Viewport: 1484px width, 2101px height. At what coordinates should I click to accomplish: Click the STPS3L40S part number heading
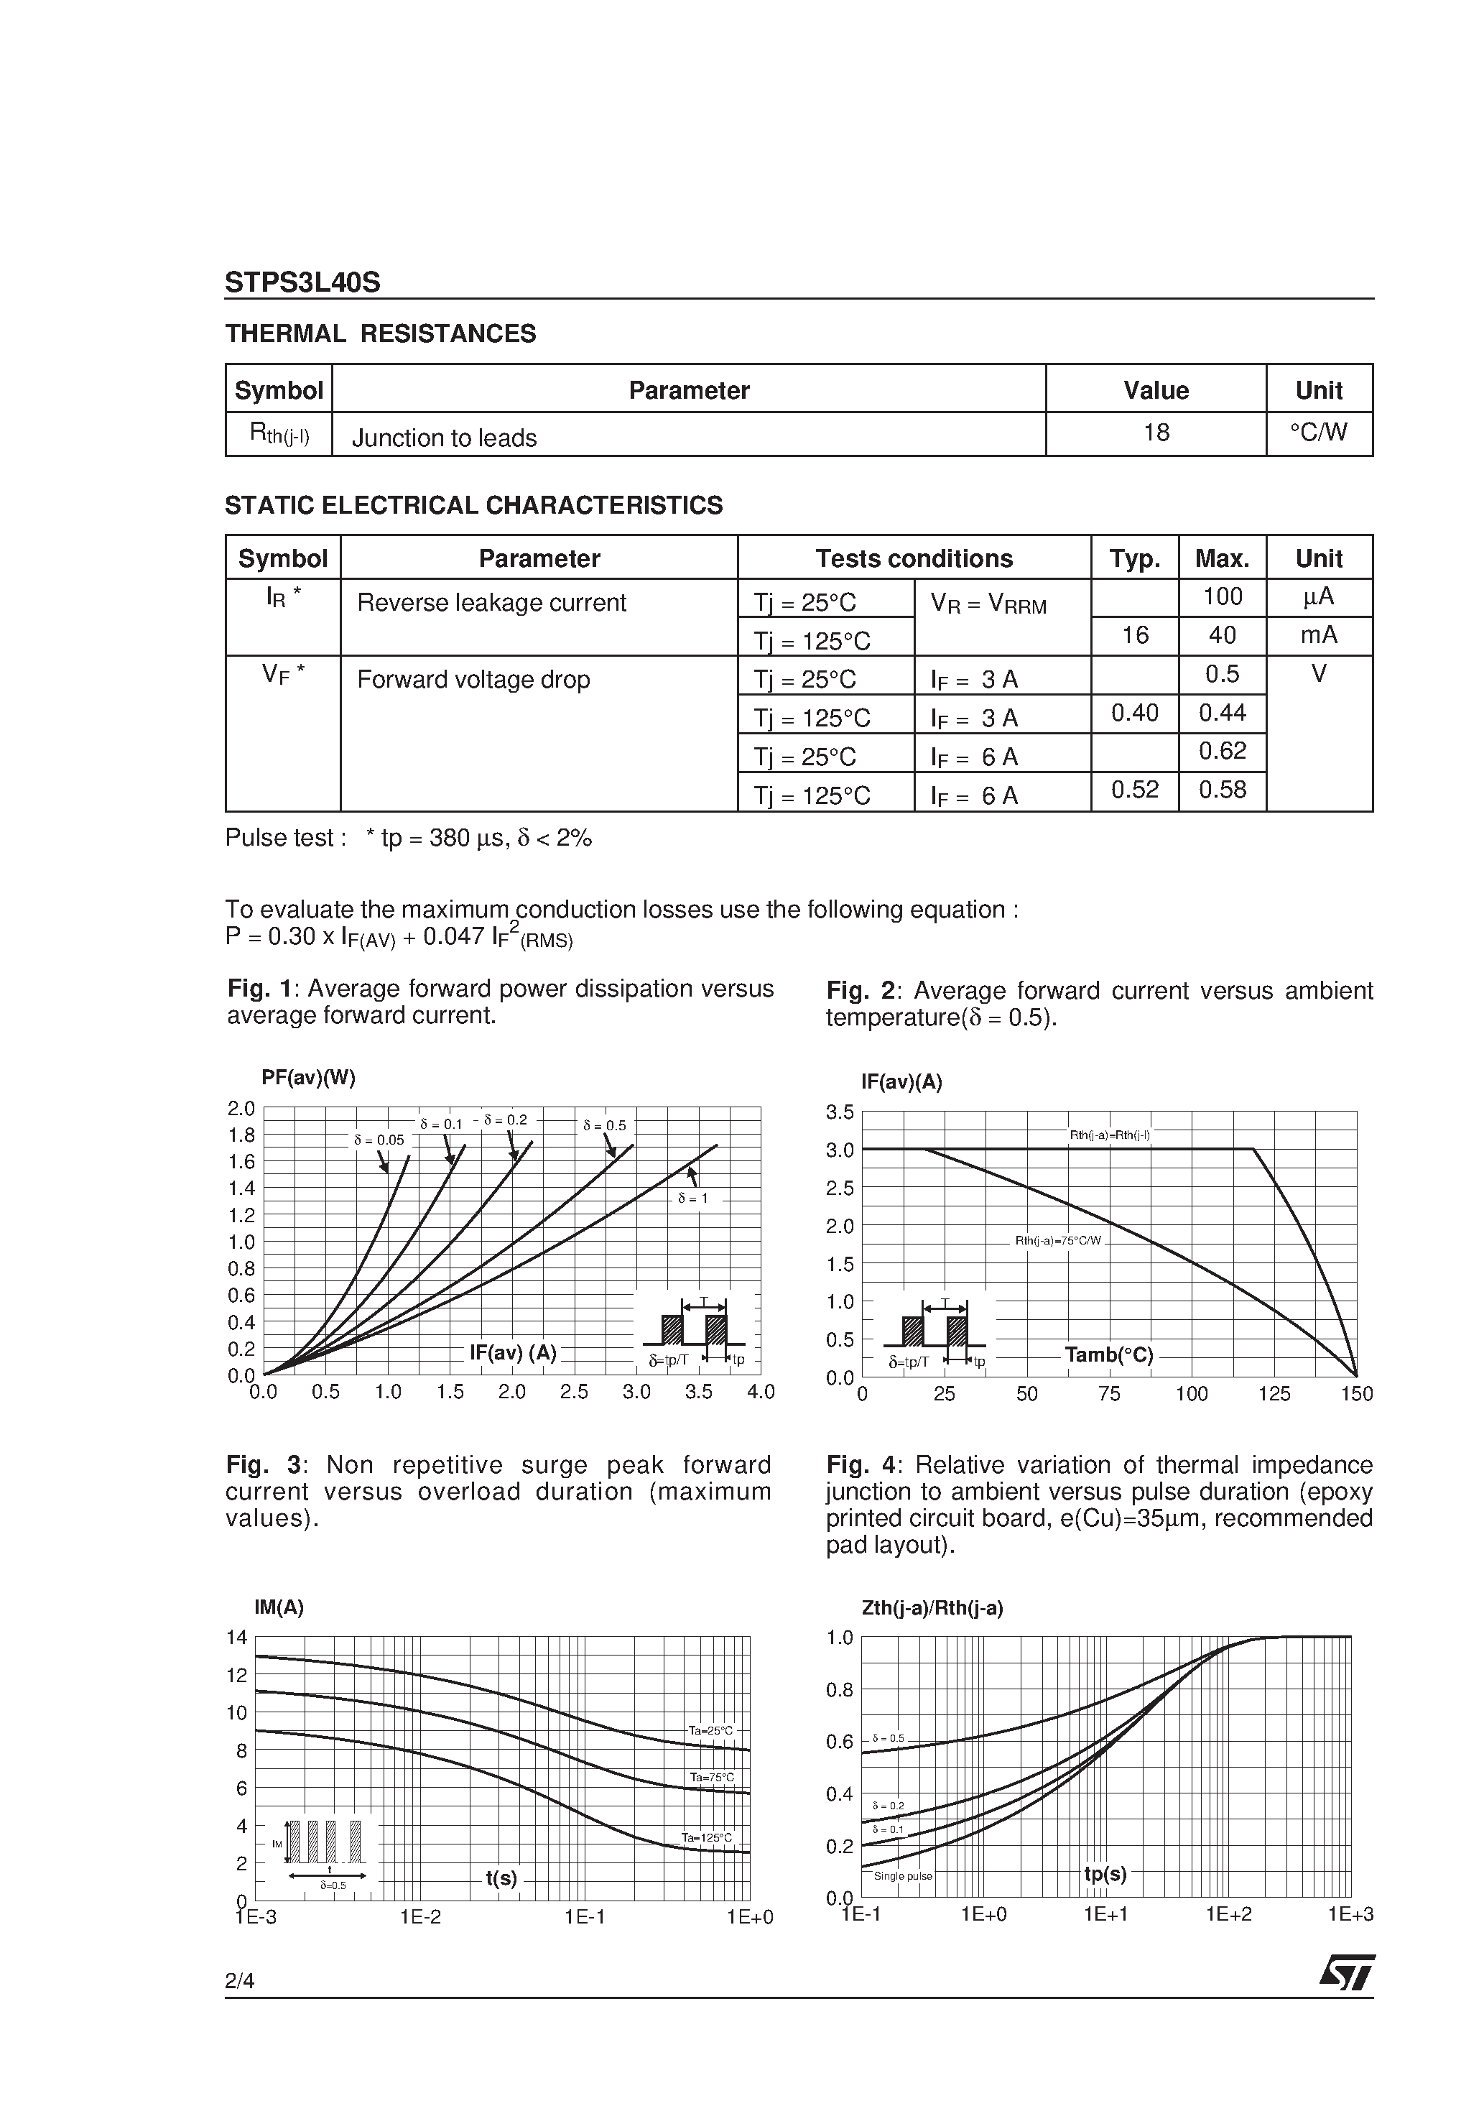tap(302, 283)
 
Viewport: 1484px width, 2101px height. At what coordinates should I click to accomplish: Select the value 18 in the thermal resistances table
tap(1156, 432)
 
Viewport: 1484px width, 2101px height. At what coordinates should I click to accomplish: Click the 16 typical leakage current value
tap(1134, 635)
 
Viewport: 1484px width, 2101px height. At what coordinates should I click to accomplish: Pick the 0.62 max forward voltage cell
tap(1223, 752)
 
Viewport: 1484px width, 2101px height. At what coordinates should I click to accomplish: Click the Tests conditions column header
tap(913, 558)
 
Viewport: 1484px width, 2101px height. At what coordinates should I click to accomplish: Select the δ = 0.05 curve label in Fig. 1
tap(379, 1140)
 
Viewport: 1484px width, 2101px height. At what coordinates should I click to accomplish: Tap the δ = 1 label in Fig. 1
tap(692, 1197)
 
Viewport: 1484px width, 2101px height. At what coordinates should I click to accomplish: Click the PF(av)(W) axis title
tap(308, 1077)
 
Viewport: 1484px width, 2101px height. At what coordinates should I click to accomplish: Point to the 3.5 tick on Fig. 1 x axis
tap(698, 1392)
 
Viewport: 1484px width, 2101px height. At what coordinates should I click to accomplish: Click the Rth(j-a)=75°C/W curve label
tap(1057, 1241)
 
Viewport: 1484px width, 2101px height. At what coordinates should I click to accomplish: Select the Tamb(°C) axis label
tap(1109, 1354)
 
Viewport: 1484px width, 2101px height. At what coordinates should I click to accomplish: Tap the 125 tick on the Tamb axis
tap(1274, 1394)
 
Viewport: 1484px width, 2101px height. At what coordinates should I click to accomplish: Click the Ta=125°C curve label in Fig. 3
tap(706, 1837)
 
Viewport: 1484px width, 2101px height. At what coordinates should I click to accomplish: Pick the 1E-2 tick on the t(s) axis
tap(420, 1916)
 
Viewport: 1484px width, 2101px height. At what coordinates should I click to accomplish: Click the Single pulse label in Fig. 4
tap(902, 1876)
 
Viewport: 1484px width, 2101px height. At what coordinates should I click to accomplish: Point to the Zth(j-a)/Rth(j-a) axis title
tap(932, 1608)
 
